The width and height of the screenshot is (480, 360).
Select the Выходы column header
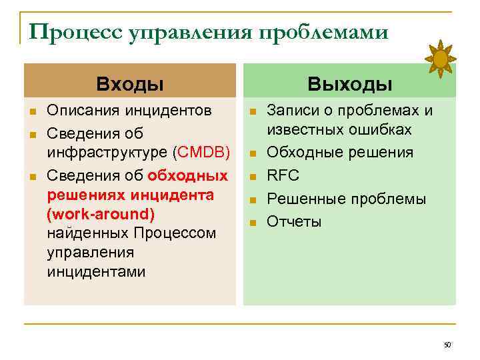(x=349, y=84)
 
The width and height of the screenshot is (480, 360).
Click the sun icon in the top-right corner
(x=441, y=59)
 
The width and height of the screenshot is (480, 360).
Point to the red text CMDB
(x=203, y=153)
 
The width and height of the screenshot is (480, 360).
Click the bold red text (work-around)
(x=101, y=215)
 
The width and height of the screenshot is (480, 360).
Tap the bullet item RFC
(x=283, y=176)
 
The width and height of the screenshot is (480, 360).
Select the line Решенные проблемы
(x=346, y=199)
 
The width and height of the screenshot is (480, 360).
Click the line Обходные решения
(x=339, y=153)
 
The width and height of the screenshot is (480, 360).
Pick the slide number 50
(x=447, y=345)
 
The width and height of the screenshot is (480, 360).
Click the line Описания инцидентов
(x=130, y=109)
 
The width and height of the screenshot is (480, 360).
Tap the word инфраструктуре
(x=108, y=153)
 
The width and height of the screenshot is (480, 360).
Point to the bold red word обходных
(x=187, y=176)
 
